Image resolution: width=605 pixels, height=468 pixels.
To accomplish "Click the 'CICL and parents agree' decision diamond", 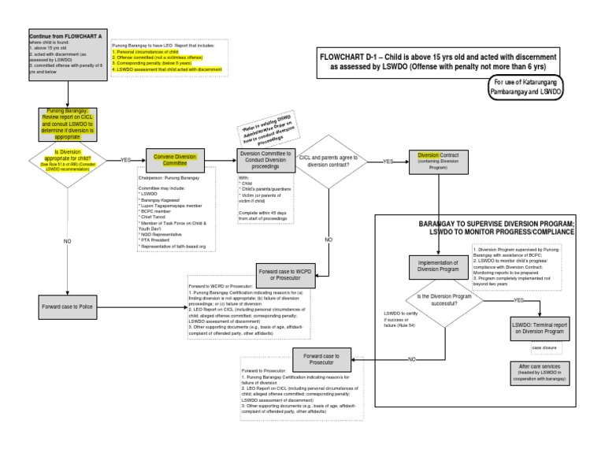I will pos(328,160).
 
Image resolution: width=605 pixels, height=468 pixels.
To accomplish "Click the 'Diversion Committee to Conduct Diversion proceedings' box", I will pos(265,159).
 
